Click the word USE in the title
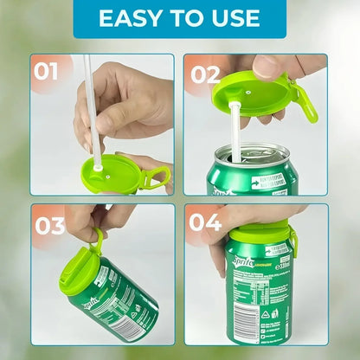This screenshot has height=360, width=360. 231,18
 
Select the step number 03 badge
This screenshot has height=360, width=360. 49,226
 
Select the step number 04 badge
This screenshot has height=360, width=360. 206,223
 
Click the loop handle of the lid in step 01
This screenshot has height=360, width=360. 157,178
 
